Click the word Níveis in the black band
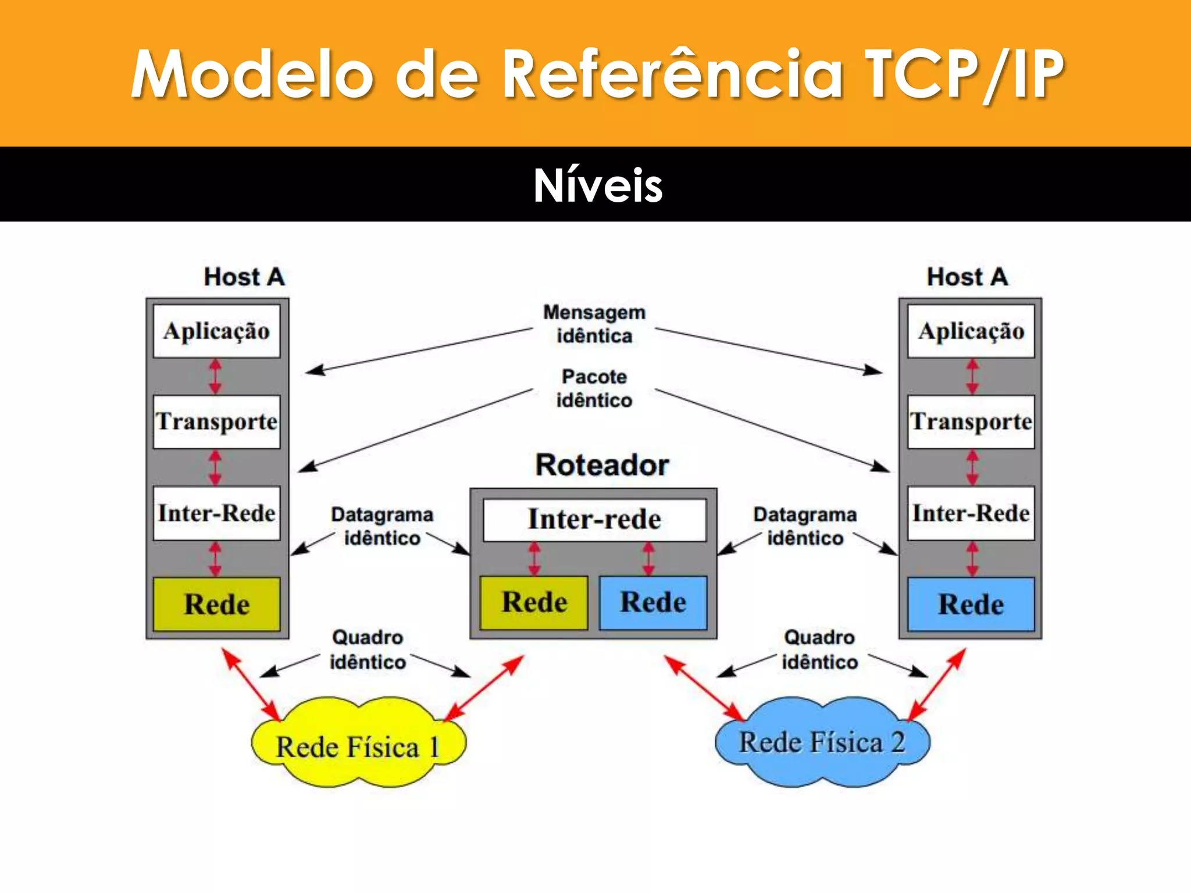(598, 185)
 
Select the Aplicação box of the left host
(216, 331)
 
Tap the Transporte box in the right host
(971, 422)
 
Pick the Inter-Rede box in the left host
(216, 513)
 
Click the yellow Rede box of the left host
(216, 604)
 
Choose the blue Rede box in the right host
(971, 604)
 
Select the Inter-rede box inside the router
(594, 519)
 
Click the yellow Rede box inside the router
(534, 602)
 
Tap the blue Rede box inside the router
(653, 602)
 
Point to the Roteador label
(602, 465)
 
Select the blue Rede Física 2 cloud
(822, 742)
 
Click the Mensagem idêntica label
(594, 324)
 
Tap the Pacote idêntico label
(594, 388)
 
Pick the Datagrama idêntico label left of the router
(382, 526)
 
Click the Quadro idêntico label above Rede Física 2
(819, 649)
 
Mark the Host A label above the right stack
(967, 277)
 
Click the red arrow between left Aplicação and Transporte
(215, 377)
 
